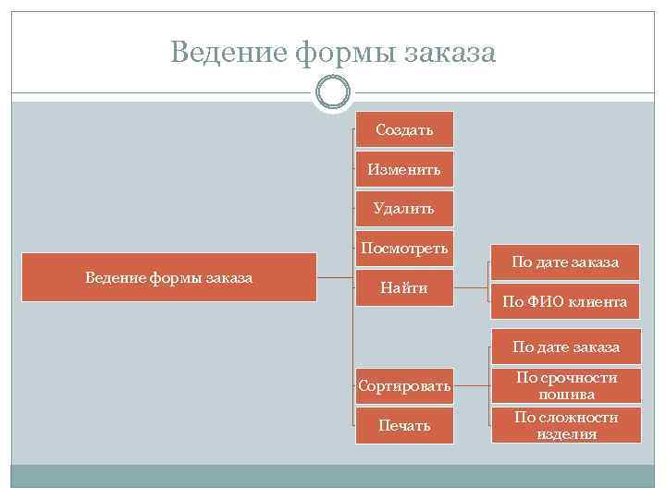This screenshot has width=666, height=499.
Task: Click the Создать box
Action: click(x=404, y=130)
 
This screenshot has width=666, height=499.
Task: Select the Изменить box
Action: click(x=404, y=169)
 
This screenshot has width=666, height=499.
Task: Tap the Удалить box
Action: click(x=404, y=209)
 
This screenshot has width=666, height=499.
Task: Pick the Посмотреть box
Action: click(x=404, y=248)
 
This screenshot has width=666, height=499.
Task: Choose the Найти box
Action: click(x=404, y=288)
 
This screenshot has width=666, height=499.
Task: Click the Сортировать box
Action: click(x=404, y=385)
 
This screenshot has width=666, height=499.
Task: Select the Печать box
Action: click(x=404, y=425)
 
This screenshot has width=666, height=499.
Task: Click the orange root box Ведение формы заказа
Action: click(x=169, y=277)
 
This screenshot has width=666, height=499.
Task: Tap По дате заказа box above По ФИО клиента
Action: click(x=565, y=262)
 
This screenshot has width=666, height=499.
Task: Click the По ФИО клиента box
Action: click(x=565, y=301)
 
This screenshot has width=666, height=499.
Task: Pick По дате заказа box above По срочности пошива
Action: click(x=565, y=347)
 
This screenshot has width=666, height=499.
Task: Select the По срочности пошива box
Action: click(x=565, y=385)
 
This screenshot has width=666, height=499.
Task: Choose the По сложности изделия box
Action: click(x=565, y=425)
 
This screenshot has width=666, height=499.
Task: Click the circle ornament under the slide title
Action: click(x=333, y=91)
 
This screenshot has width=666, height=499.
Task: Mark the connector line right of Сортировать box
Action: click(x=472, y=385)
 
